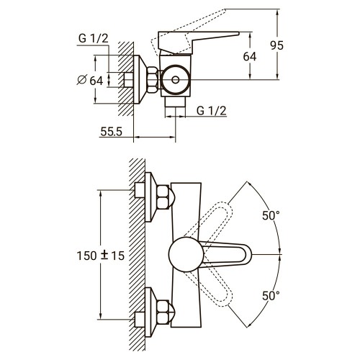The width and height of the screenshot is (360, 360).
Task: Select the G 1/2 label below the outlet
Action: pyautogui.click(x=210, y=110)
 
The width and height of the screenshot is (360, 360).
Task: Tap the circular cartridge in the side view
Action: pyautogui.click(x=174, y=81)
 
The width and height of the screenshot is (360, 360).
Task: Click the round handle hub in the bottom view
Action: pyautogui.click(x=184, y=255)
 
